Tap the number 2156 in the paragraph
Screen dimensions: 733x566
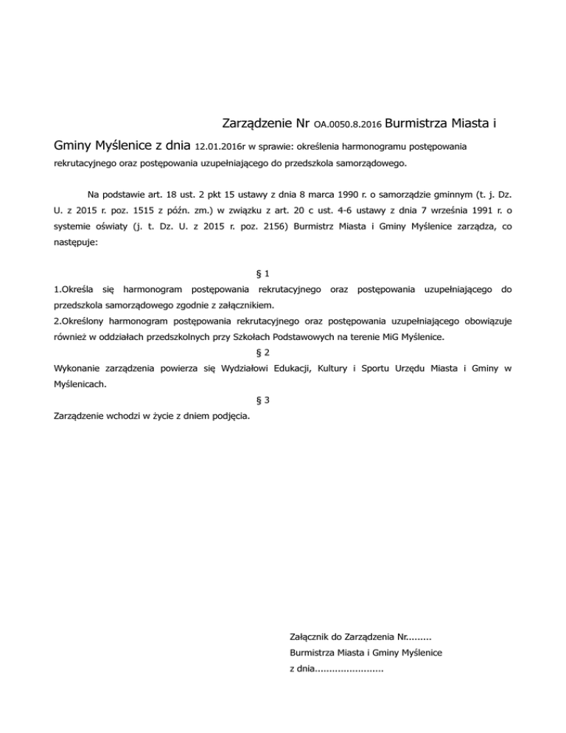point(267,228)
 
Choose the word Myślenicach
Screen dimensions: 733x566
point(81,384)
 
